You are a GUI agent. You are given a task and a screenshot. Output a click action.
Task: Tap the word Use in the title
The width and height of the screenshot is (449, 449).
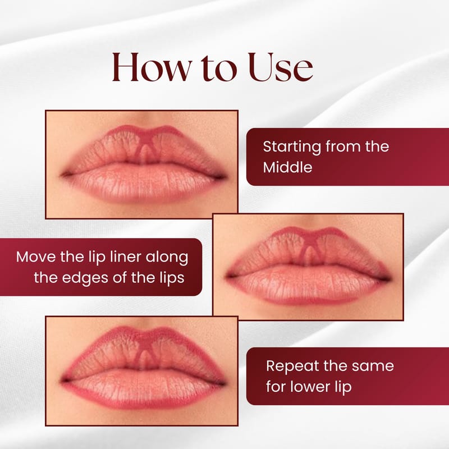(281, 67)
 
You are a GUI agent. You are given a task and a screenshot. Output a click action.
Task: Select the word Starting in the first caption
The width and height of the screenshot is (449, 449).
(292, 147)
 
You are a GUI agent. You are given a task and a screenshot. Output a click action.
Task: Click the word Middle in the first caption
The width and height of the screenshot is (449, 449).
(287, 167)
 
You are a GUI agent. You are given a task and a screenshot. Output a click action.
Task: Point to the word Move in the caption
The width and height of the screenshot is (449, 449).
(35, 256)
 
